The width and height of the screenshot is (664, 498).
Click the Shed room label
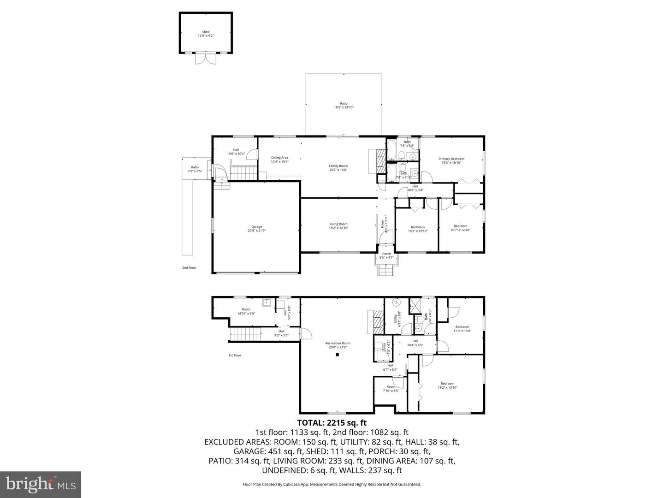pos(205,34)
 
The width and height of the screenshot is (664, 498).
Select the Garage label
pos(256,229)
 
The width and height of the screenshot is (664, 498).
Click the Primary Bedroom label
pos(451,160)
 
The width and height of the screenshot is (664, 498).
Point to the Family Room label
pos(338,168)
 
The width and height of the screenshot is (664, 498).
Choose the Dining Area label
pos(279,160)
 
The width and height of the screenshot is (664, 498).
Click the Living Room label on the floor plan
pos(338,226)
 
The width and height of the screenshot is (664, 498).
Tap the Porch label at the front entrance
pos(386,255)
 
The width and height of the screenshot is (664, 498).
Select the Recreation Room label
pos(338,345)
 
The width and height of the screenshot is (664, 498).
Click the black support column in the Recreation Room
pos(337,355)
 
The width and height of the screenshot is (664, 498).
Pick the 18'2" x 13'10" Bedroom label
pos(447,385)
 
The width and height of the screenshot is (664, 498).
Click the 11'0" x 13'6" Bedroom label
pos(462,328)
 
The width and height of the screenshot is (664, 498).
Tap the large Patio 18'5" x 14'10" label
pos(344,105)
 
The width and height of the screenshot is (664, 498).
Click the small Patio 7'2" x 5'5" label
pos(195,169)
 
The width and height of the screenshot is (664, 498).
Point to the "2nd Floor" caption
pos(189,267)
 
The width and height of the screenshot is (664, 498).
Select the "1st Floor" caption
pos(235,356)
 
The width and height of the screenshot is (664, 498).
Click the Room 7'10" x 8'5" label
pos(391,388)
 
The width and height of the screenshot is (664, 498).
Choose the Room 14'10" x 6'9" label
pos(246,311)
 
